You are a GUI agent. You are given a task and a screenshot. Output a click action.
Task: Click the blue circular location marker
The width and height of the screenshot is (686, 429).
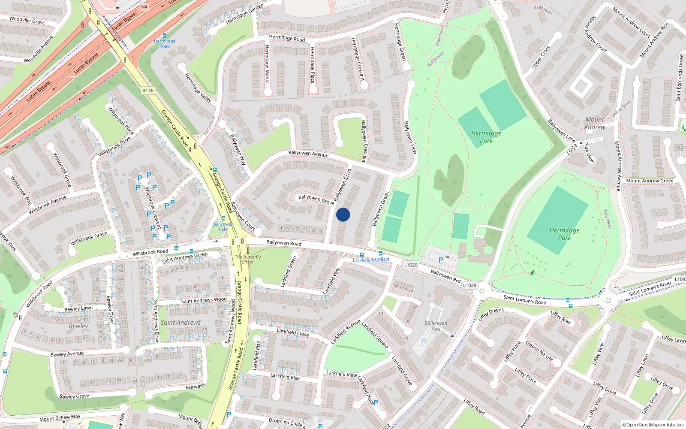tap(343, 214)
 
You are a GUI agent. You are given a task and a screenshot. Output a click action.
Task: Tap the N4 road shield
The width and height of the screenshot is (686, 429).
tap(144, 7)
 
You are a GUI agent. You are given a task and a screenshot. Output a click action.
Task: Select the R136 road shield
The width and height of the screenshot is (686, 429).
tap(148, 91)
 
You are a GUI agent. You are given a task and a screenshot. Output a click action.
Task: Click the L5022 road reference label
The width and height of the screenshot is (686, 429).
tap(572, 149)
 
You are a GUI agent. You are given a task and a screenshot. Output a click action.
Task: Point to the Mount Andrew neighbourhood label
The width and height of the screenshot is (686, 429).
tap(595, 123)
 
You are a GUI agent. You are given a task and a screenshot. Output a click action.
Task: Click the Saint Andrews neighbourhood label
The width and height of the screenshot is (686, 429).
tap(181, 323)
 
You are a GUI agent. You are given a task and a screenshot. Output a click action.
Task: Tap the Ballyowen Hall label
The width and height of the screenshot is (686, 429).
tap(436, 326)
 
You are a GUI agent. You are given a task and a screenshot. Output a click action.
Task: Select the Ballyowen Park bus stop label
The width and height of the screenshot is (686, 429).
tap(223, 227)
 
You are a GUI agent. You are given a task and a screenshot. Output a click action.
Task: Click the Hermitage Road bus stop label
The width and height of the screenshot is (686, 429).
tap(165, 44)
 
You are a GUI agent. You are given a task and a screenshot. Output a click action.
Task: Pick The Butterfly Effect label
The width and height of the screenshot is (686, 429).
tap(248, 260)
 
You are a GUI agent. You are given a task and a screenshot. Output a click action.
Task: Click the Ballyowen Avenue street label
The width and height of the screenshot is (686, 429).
tap(308, 153)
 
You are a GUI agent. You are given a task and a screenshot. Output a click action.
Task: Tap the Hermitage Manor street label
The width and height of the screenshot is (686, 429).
tap(267, 64)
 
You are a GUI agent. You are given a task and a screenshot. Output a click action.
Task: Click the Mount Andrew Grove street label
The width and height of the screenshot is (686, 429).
tap(650, 181)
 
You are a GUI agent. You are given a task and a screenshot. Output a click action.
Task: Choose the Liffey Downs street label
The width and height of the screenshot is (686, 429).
tap(491, 314)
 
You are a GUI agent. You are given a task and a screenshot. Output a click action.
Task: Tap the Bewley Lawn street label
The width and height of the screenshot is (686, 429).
tap(78, 308)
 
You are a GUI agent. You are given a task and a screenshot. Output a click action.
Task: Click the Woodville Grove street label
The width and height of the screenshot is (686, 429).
tap(27, 20)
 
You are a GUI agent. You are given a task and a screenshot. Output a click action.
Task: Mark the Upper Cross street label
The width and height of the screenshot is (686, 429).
tap(541, 57)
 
